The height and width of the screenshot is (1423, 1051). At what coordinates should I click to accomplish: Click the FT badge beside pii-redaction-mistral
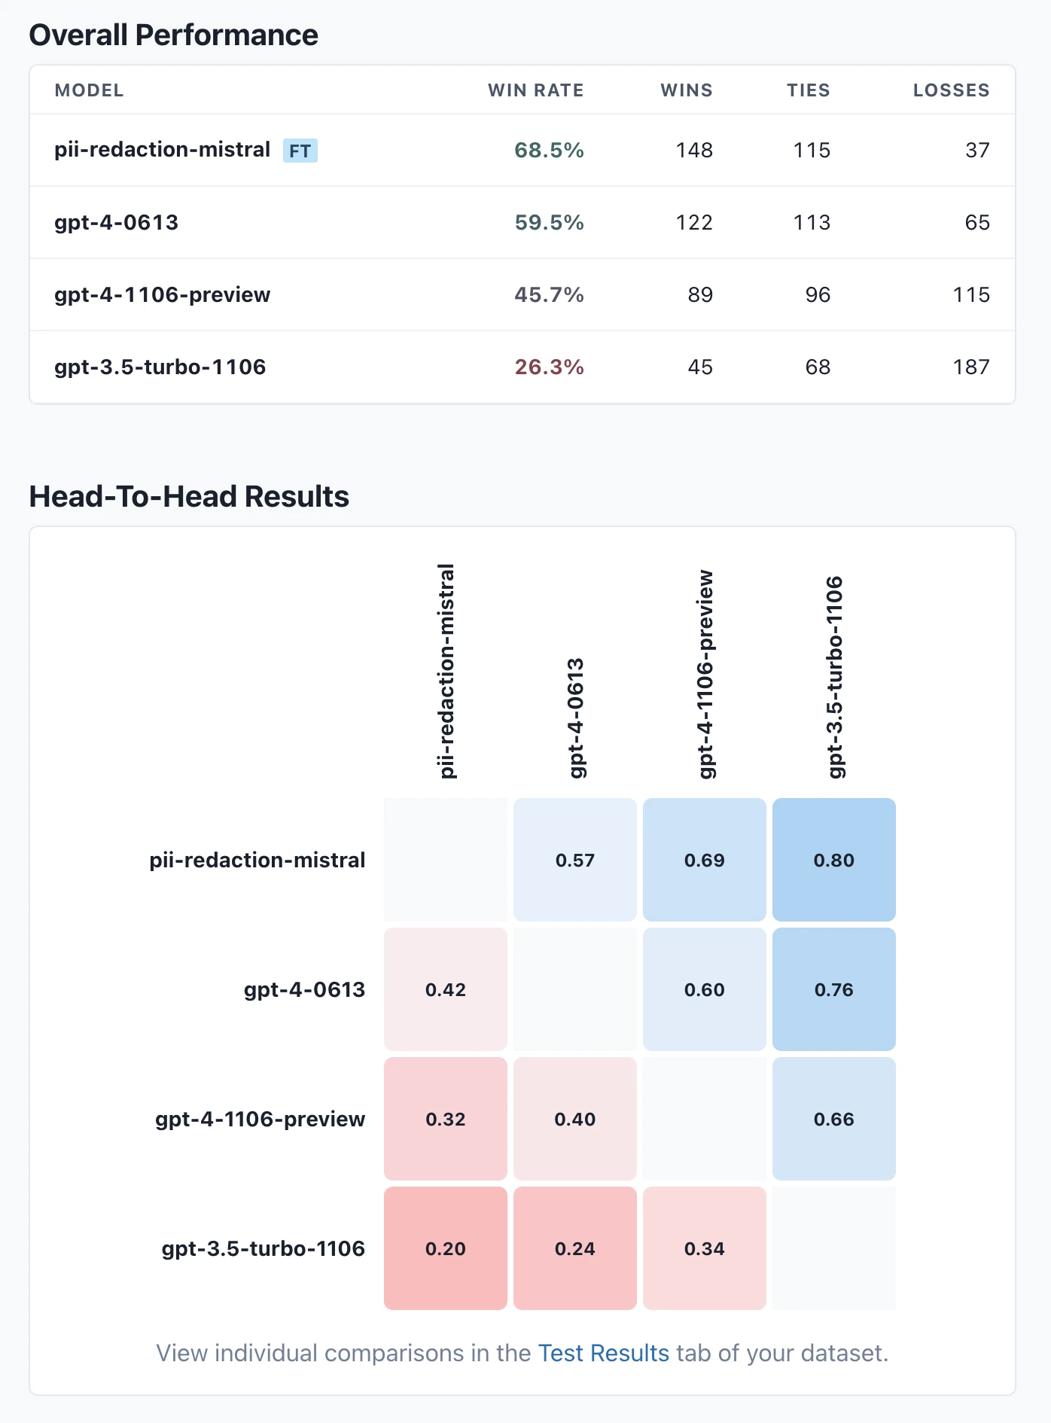coord(300,151)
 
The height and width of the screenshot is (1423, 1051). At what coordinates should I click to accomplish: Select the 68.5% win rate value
coord(549,150)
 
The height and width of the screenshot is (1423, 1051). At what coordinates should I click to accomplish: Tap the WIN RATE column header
coord(535,90)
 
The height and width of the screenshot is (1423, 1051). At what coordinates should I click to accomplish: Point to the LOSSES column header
coord(951,90)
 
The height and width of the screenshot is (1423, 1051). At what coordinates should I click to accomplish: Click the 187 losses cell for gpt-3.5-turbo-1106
coord(970,367)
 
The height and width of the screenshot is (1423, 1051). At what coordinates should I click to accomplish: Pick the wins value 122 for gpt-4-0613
coord(693,222)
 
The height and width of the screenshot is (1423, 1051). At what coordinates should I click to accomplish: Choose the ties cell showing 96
coord(818,294)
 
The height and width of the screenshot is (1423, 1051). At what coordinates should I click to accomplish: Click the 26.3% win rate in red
coord(549,367)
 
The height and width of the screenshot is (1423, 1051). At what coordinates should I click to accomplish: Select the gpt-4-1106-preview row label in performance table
coord(162,294)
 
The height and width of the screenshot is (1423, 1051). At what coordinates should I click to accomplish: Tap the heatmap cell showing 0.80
coord(833,860)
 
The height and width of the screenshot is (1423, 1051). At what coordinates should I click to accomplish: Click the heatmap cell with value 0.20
coord(446,1248)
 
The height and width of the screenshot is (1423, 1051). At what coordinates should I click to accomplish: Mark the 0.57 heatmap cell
coord(575,860)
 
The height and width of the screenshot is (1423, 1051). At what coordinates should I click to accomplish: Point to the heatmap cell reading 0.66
coord(833,1119)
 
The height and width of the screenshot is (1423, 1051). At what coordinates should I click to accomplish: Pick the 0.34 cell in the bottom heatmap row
coord(704,1248)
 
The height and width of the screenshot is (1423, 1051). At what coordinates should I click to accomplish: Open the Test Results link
coord(603,1353)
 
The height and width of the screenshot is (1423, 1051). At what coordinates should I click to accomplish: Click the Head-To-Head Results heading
coord(189,497)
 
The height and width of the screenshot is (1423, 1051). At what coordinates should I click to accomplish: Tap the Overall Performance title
coord(173,35)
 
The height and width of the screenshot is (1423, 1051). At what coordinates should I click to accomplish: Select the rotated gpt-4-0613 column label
coord(575,718)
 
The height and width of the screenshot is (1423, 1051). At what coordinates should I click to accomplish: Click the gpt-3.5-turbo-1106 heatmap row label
coord(263,1248)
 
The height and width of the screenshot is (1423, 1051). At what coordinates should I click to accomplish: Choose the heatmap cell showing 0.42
coord(446,989)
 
